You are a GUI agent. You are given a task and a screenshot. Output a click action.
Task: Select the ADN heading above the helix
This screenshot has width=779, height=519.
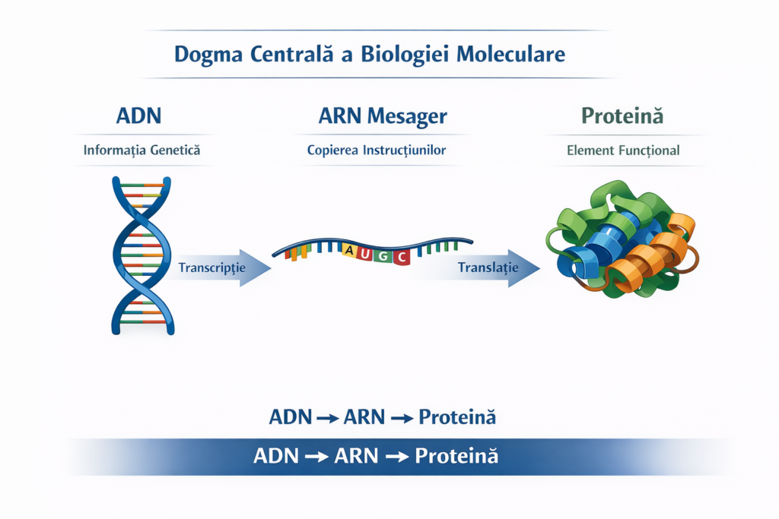(x=139, y=116)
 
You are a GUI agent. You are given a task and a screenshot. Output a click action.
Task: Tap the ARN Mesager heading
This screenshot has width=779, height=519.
(x=383, y=116)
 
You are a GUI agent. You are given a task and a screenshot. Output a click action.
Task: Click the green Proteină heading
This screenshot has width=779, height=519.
(x=622, y=116)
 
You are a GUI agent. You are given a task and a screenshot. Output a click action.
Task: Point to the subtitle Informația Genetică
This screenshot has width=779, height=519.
(x=141, y=150)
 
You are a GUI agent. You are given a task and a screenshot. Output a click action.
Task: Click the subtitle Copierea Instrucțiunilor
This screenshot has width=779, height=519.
(x=377, y=150)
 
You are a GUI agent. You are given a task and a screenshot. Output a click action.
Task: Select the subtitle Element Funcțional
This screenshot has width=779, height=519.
(x=623, y=150)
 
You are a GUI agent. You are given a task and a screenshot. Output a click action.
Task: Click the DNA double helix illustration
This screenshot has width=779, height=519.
(x=141, y=255)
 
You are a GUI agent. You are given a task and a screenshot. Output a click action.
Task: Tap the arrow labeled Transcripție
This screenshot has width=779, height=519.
(x=221, y=267)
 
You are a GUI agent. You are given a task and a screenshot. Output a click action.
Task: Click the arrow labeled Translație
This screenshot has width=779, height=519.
(x=494, y=267)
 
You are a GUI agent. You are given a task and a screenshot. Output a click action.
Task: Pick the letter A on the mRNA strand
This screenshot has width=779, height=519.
(x=349, y=250)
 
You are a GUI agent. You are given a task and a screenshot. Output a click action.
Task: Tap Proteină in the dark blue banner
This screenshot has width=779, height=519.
(x=456, y=456)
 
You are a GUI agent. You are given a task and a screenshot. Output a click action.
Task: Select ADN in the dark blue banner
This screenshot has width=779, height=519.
(x=276, y=456)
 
